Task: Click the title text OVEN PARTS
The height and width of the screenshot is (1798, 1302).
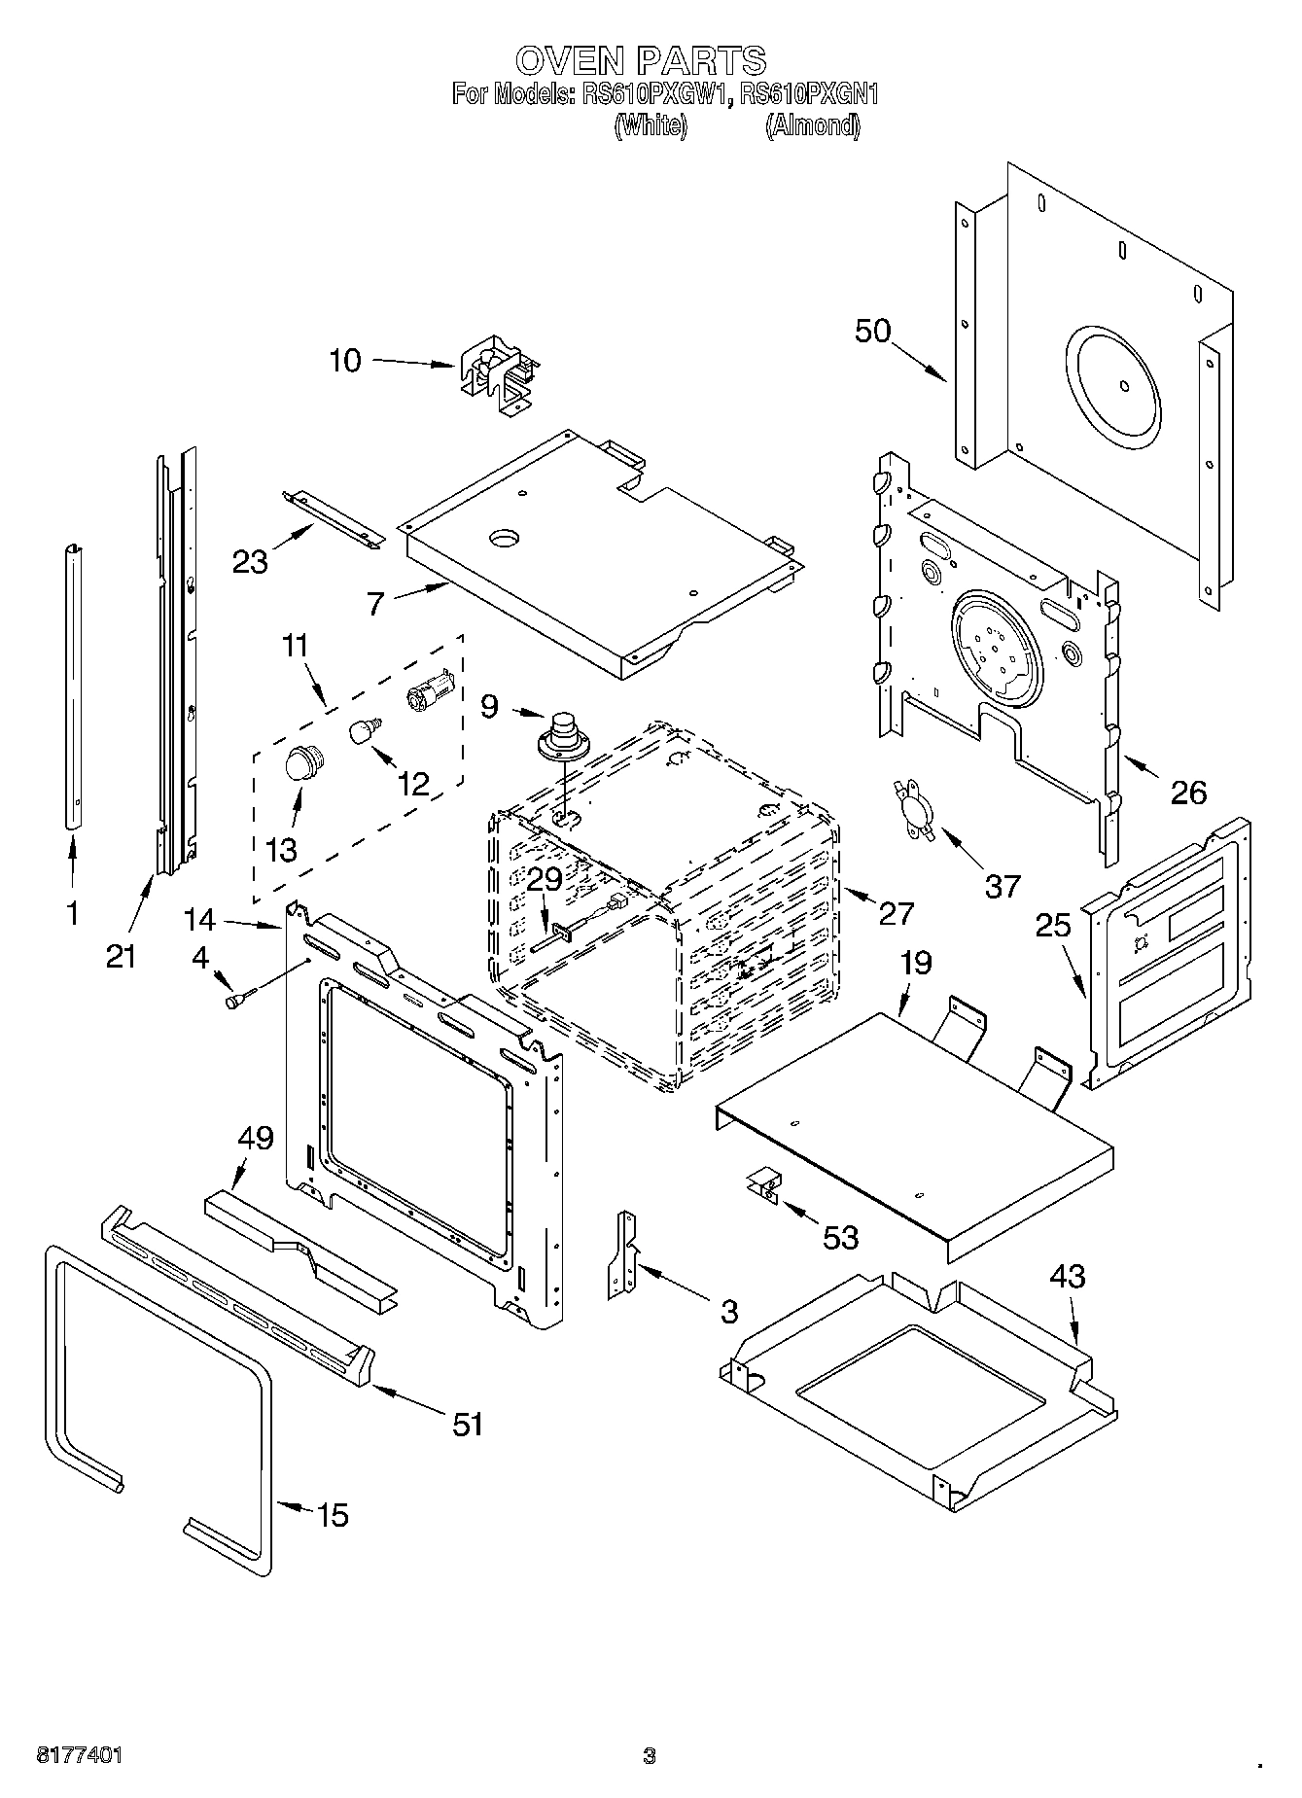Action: coord(641,60)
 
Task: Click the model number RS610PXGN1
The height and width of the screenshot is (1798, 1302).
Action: coord(809,94)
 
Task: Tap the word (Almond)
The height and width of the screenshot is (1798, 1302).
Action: coord(813,125)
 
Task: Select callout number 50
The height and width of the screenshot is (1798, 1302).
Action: coord(872,331)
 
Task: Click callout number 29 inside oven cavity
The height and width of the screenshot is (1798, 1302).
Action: coord(545,879)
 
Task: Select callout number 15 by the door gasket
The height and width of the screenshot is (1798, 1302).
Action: coord(333,1514)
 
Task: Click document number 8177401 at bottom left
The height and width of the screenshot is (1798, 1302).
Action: coord(80,1755)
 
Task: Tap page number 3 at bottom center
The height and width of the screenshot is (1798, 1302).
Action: coord(650,1755)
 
